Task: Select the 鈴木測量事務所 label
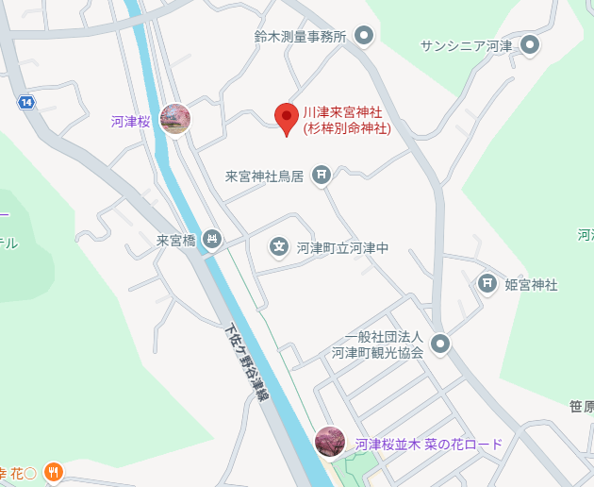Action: (301, 37)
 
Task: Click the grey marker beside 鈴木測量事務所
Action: (365, 37)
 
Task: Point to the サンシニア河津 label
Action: (466, 45)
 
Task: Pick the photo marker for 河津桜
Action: (175, 119)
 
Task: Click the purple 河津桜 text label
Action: (130, 121)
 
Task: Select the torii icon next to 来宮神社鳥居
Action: (322, 175)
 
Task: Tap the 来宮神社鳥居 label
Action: (264, 176)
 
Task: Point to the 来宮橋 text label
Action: (175, 241)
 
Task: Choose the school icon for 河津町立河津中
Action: (279, 247)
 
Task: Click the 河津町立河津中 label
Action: (342, 248)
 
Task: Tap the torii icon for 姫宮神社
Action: (487, 283)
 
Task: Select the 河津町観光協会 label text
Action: (376, 345)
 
